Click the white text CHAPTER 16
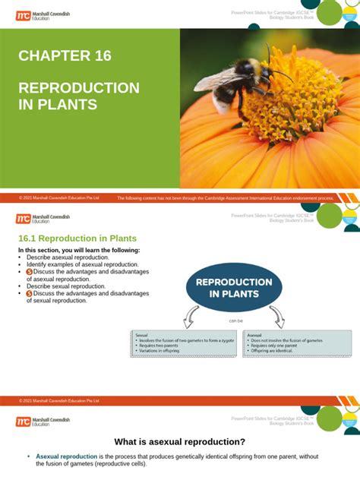(65, 55)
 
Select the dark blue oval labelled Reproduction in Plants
(234, 286)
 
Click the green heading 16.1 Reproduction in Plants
(77, 238)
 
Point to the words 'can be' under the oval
(236, 321)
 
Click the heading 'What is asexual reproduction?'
(179, 441)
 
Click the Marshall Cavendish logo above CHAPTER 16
(43, 15)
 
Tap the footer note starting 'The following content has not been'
(225, 198)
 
